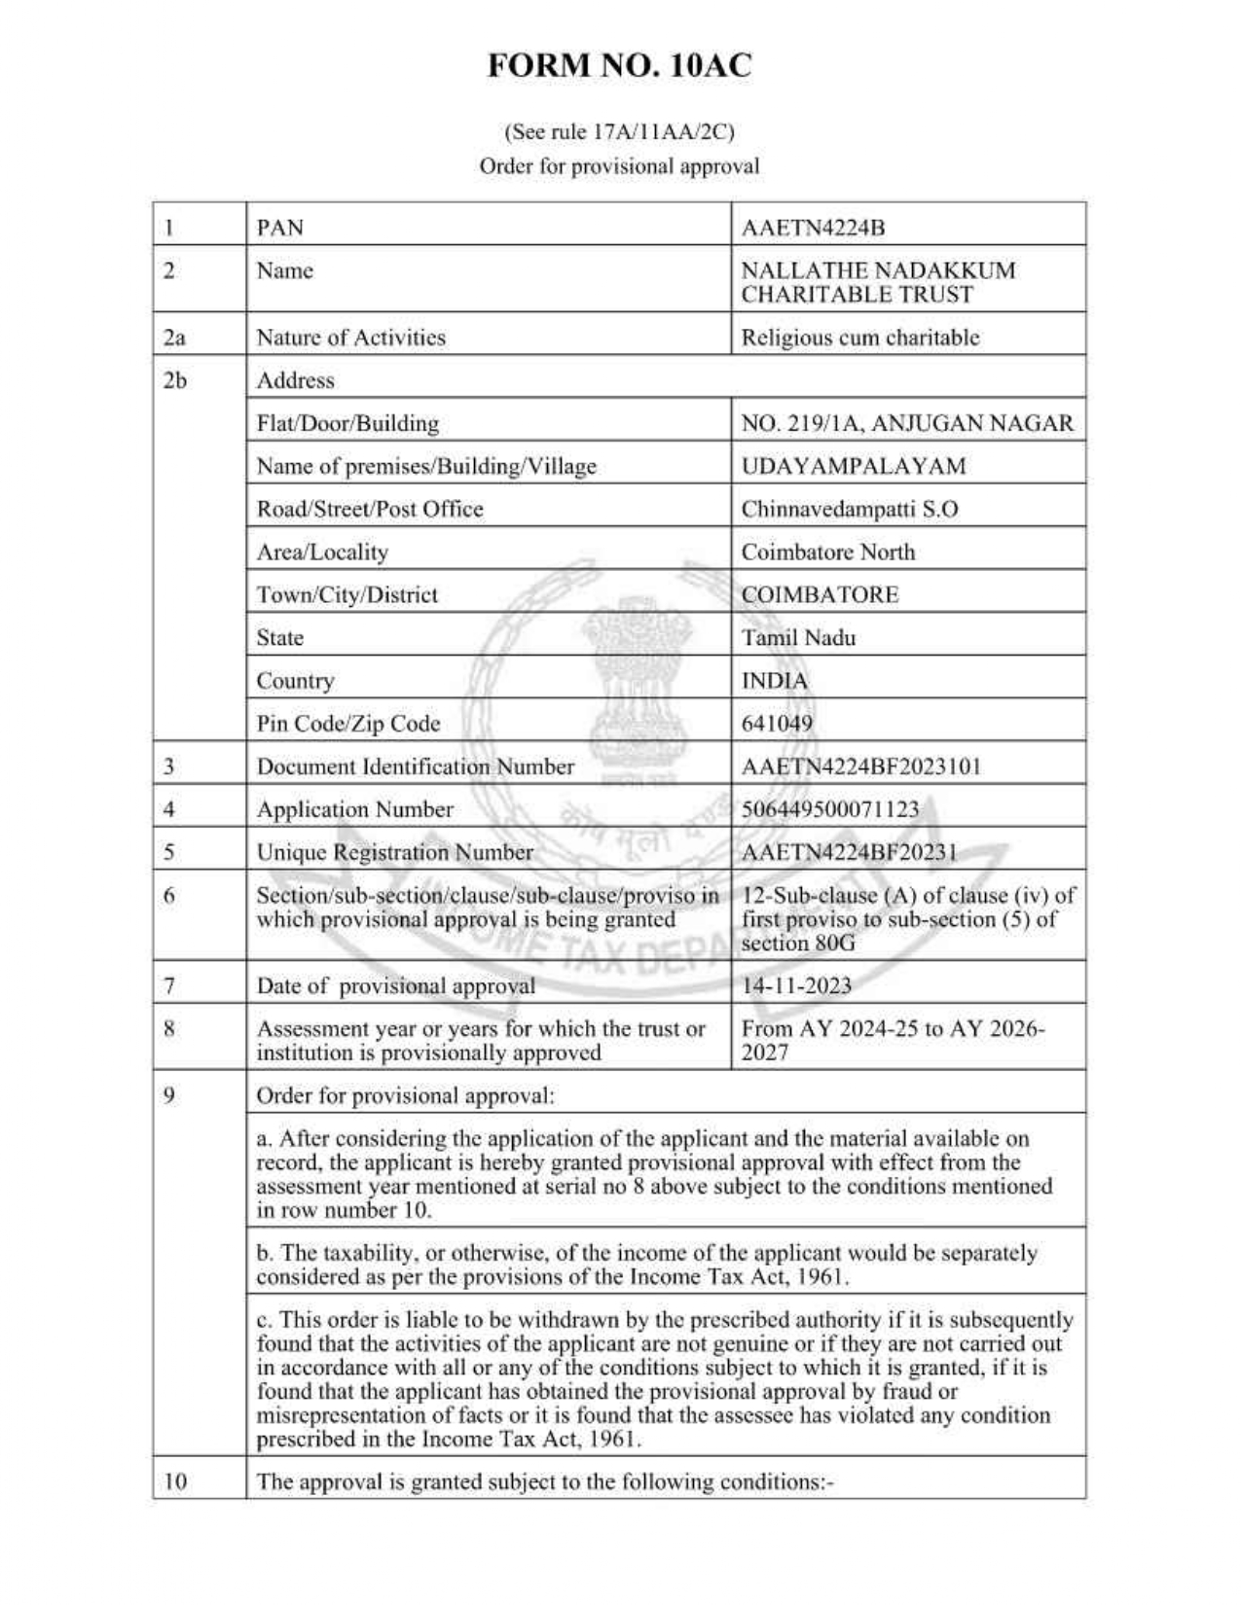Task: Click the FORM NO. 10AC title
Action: (x=619, y=66)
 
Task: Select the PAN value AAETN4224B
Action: (x=813, y=228)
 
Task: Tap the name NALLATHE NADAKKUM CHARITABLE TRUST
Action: (x=877, y=282)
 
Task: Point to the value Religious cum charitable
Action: (x=859, y=338)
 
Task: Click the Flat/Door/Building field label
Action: (x=347, y=423)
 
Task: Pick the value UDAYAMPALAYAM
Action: (x=853, y=466)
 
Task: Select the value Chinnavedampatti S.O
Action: (x=849, y=509)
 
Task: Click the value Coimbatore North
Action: (x=827, y=552)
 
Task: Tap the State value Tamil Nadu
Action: (x=798, y=638)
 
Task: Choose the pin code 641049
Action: (x=777, y=724)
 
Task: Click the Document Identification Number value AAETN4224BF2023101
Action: (x=860, y=767)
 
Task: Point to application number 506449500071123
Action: (x=829, y=809)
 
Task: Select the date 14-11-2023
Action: (x=796, y=985)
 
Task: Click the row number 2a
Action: (x=174, y=338)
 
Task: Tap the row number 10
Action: (x=174, y=1481)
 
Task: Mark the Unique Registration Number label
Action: (x=394, y=852)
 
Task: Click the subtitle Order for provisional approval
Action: (x=619, y=166)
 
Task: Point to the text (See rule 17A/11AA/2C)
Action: (x=619, y=131)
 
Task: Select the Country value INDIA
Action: (x=774, y=681)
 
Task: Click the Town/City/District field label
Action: (x=347, y=594)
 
